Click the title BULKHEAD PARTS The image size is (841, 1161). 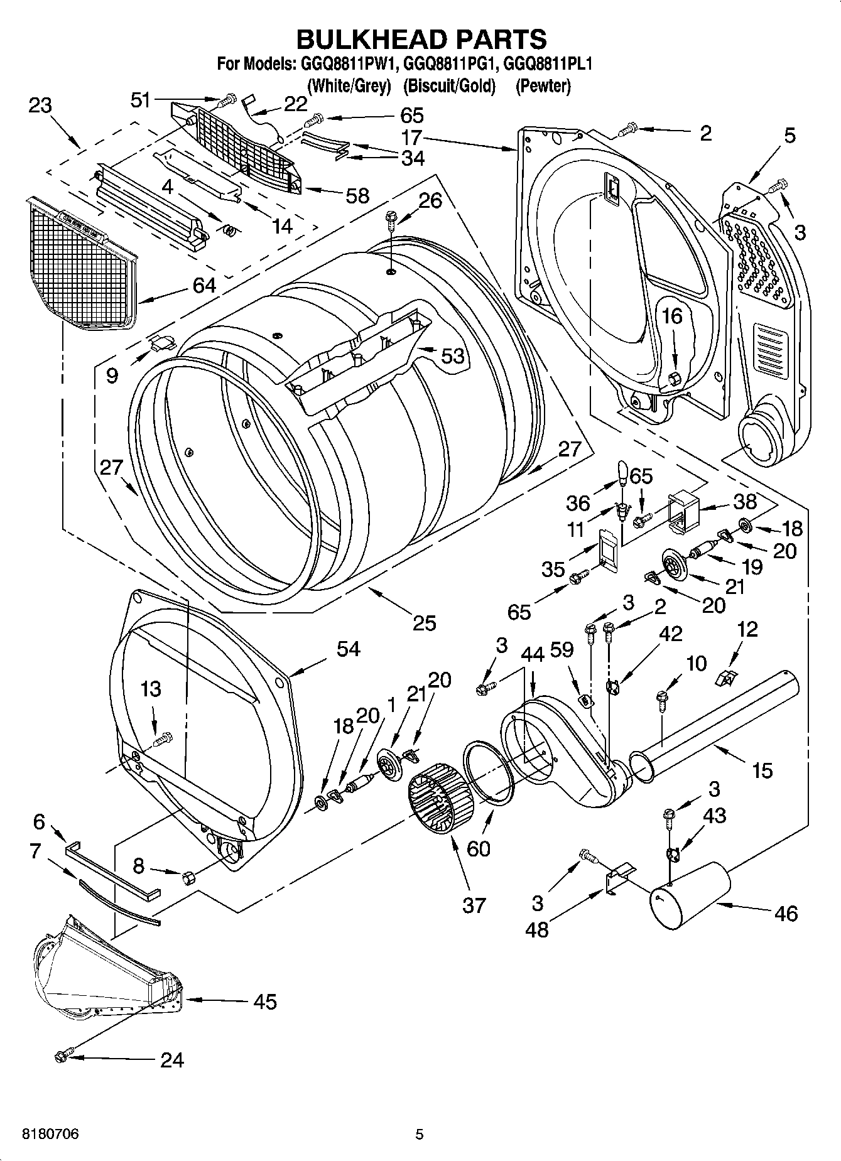(x=421, y=39)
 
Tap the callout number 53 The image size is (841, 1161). (x=452, y=355)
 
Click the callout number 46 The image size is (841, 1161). (x=786, y=912)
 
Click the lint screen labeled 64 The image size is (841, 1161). (x=82, y=264)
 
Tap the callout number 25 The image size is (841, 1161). (x=424, y=622)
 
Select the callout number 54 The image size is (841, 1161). (x=348, y=648)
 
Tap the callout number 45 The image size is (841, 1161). (x=265, y=1002)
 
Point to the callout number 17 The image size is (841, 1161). (x=412, y=137)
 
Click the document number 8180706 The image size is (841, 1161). (x=50, y=1134)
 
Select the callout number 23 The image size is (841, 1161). (x=40, y=105)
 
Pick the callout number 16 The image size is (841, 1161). (x=672, y=316)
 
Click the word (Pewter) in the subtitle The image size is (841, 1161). (x=543, y=86)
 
